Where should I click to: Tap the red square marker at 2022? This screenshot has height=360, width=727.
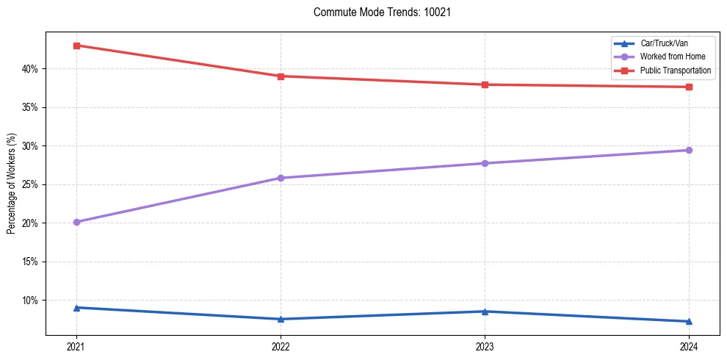(x=281, y=76)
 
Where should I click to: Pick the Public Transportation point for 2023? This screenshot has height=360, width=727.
(x=485, y=84)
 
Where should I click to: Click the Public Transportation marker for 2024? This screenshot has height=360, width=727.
(x=689, y=87)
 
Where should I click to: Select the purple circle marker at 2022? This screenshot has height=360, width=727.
(x=281, y=178)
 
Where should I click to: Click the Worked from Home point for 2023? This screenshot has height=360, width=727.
(x=485, y=163)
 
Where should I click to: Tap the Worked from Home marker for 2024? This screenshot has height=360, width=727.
(x=689, y=150)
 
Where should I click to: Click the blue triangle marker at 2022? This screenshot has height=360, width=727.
(x=281, y=319)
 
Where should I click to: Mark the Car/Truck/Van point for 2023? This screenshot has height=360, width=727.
(x=485, y=311)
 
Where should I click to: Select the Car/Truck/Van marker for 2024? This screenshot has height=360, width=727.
(x=689, y=321)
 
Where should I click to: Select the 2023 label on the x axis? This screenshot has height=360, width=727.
(x=485, y=346)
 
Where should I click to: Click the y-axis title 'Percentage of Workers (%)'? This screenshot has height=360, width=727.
(x=12, y=184)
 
